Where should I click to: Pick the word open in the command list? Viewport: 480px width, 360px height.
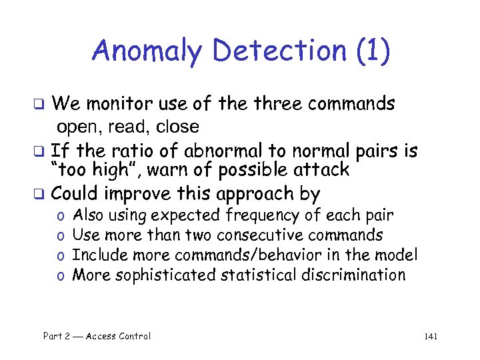[76, 127]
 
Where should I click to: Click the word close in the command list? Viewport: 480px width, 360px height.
[177, 126]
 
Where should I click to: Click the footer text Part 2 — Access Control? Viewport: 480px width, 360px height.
[97, 336]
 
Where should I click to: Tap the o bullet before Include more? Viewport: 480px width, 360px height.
[60, 255]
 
